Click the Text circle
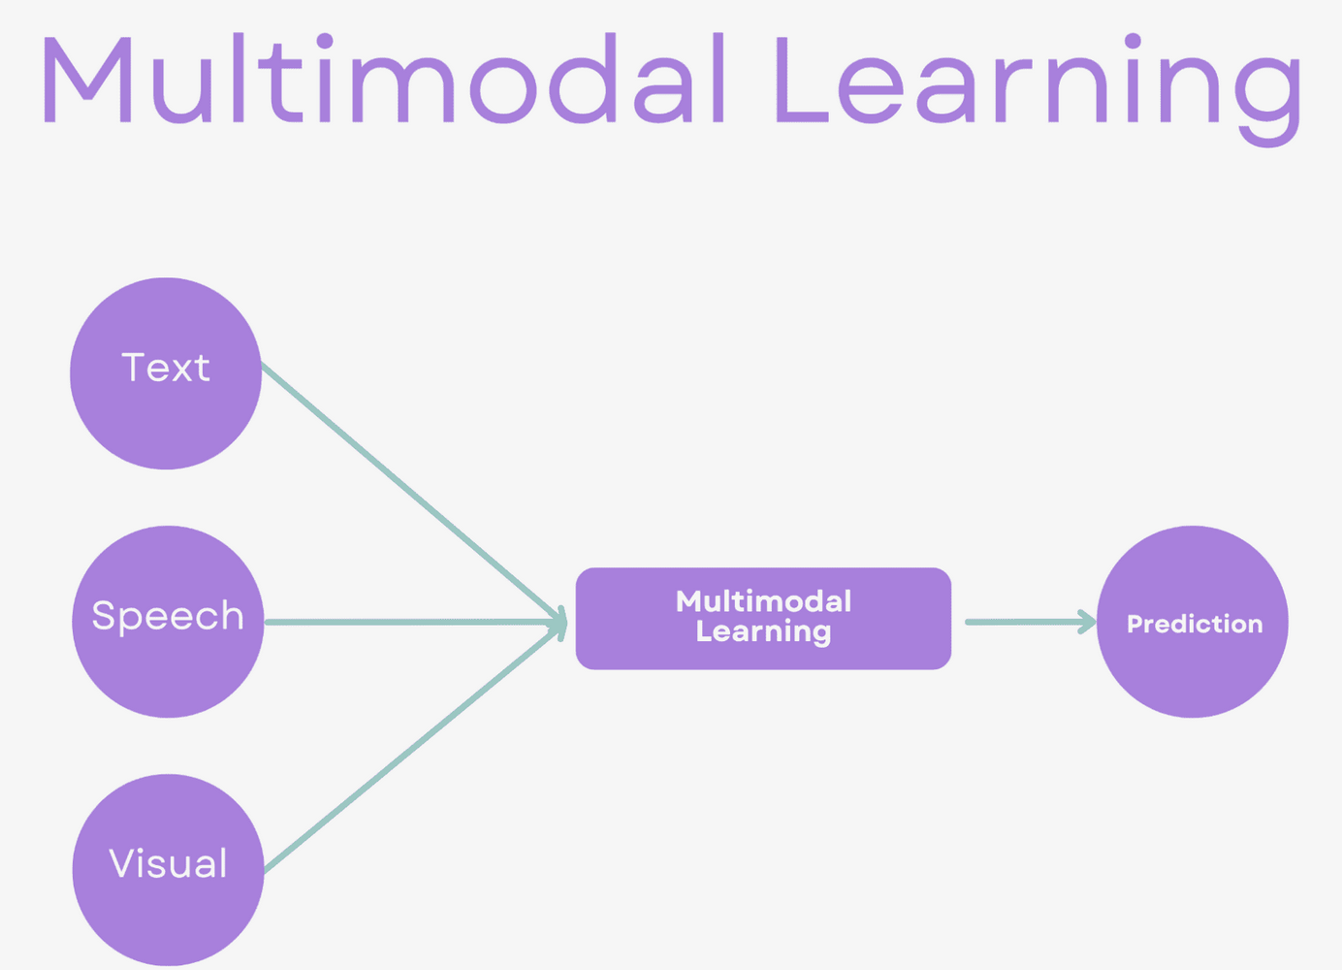pos(166,417)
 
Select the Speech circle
pos(168,669)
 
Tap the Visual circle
pos(168,912)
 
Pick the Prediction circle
pos(1193,669)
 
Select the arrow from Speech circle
pos(407,622)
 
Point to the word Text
pos(166,368)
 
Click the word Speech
pos(168,616)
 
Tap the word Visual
pos(168,863)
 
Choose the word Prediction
pos(1195,624)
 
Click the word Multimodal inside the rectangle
pos(763,601)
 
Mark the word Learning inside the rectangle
pos(763,632)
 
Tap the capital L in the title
pos(800,81)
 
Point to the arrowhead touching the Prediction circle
pos(1088,622)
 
